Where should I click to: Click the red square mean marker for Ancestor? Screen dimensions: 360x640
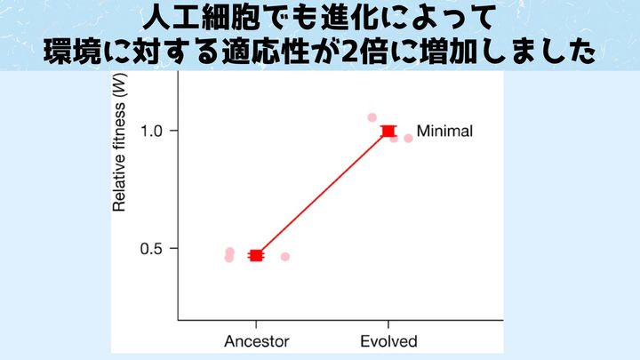click(x=256, y=255)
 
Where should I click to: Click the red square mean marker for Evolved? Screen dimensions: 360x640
click(x=388, y=132)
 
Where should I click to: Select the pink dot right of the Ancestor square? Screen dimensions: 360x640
click(x=285, y=257)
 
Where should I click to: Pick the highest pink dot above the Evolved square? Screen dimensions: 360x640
click(x=372, y=117)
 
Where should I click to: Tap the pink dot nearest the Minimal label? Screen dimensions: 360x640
click(x=408, y=138)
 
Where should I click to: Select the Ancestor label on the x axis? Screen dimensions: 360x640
click(x=256, y=340)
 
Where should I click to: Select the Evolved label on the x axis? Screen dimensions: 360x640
click(x=388, y=340)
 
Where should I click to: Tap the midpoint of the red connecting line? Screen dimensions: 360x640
click(x=323, y=193)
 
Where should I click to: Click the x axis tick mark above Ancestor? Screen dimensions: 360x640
click(x=256, y=324)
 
